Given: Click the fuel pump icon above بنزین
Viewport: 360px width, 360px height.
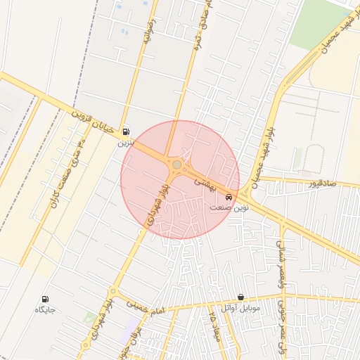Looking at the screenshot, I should coord(126,131).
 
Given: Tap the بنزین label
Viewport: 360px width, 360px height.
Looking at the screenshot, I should coord(124,143).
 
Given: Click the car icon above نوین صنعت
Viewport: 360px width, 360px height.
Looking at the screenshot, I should coord(229,197).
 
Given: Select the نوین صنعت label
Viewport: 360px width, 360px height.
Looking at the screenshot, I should coord(228,208).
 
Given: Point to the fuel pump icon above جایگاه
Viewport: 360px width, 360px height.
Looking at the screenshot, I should coord(46,299).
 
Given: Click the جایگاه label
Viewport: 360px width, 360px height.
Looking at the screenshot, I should coord(45,310).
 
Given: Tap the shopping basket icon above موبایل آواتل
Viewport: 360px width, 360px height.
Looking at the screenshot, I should coord(241,297).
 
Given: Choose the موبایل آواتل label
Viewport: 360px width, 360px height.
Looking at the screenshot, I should coord(240,309).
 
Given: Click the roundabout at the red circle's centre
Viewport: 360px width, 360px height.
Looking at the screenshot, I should coord(177,165).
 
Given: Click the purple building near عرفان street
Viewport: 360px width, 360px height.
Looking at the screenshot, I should coord(134,328).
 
